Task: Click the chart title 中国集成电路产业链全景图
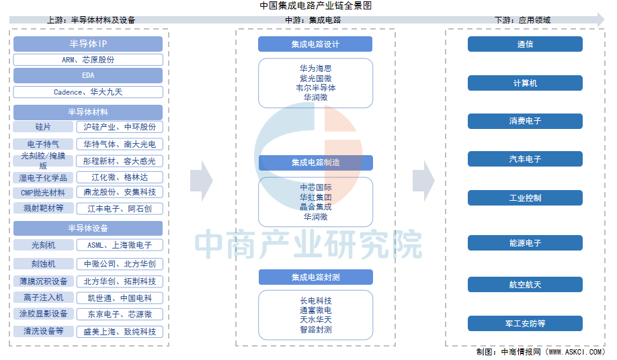[x=316, y=5]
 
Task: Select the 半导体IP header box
[x=88, y=44]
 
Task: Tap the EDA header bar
[x=88, y=75]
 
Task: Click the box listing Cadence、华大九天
[x=88, y=92]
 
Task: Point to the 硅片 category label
[x=43, y=127]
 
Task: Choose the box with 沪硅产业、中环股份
[x=120, y=127]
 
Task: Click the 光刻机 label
[x=43, y=245]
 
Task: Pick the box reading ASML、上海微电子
[x=120, y=245]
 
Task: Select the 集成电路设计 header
[x=315, y=44]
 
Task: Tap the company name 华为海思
[x=316, y=69]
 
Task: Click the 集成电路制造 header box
[x=316, y=163]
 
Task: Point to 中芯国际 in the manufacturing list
[x=316, y=187]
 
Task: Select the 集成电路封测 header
[x=316, y=277]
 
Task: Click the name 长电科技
[x=316, y=301]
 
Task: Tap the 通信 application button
[x=525, y=44]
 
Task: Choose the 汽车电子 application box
[x=525, y=159]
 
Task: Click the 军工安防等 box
[x=525, y=324]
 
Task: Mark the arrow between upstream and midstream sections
[x=202, y=181]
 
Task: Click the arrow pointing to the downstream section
[x=423, y=181]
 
